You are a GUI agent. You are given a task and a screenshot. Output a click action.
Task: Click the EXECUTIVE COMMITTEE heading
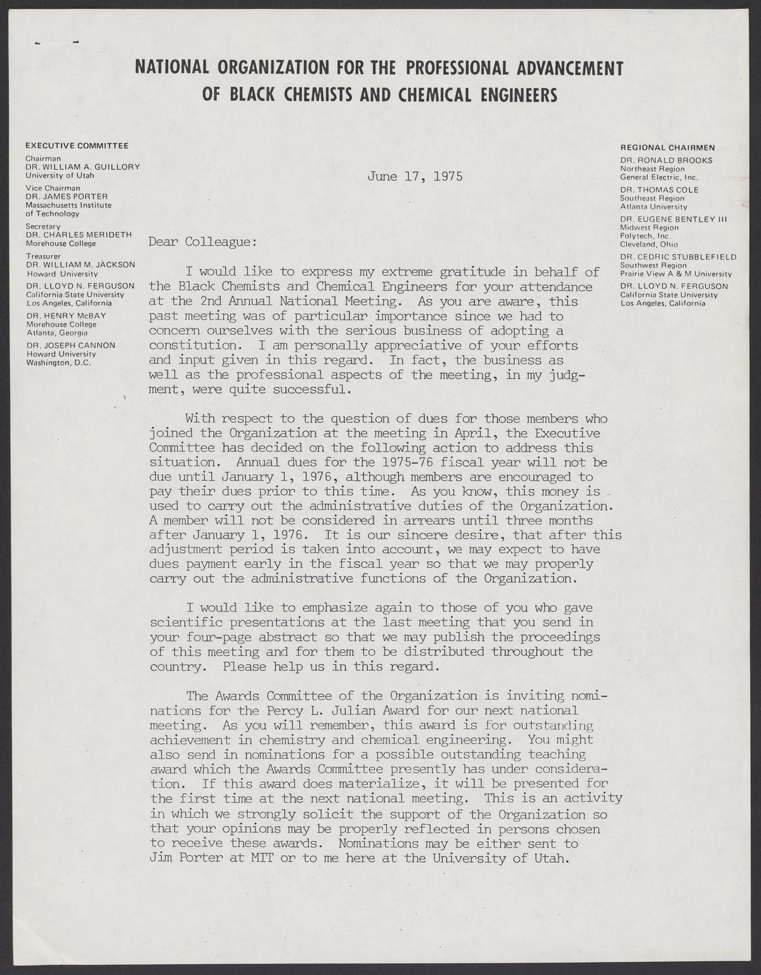(x=77, y=146)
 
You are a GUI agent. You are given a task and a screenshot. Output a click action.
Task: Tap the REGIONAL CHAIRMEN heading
(x=668, y=148)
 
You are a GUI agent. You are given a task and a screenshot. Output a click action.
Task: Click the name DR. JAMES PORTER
(x=62, y=197)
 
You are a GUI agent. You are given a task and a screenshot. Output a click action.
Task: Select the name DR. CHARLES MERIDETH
(x=79, y=235)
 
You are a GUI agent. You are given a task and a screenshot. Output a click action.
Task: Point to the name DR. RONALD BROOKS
(x=667, y=160)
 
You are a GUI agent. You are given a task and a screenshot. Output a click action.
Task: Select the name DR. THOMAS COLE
(x=660, y=190)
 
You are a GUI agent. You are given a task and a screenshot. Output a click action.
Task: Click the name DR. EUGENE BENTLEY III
(x=674, y=219)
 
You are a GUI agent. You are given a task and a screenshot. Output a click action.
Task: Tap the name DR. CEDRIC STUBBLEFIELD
(x=678, y=257)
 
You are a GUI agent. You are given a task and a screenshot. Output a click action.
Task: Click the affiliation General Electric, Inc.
(x=658, y=178)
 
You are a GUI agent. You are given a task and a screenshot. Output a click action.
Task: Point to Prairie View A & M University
(x=675, y=274)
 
